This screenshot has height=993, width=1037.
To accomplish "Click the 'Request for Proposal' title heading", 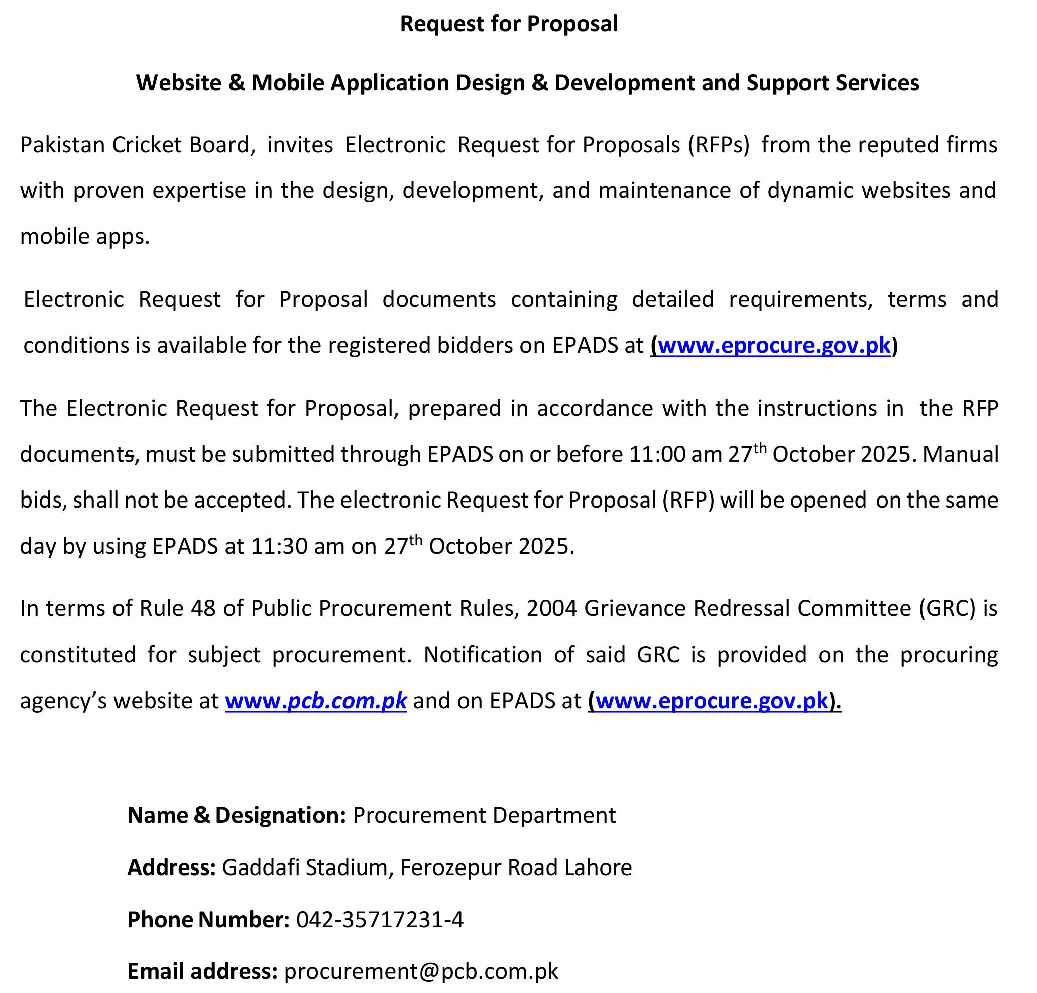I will coord(508,23).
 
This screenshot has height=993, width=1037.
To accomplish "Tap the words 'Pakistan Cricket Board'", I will coord(135,145).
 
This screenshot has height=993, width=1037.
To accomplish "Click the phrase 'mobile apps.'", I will coord(85,236).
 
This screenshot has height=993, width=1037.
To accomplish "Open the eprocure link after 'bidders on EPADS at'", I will coord(774,345).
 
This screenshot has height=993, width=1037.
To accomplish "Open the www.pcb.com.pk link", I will coord(316,700).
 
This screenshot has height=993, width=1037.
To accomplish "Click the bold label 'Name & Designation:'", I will coord(237,815).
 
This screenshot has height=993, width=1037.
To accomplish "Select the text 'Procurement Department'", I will coord(484,815).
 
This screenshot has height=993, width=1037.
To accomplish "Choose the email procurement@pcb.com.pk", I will coord(421,971).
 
